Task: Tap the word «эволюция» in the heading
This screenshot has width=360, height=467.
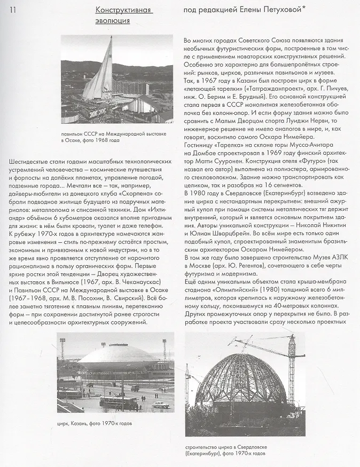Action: coord(113,21)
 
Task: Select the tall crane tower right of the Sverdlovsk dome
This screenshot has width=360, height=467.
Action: coord(291,374)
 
